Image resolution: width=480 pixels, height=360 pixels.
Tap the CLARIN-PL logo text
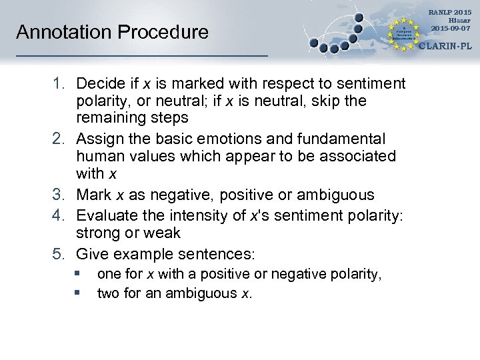tap(446, 47)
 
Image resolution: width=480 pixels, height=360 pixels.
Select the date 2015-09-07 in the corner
tap(451, 28)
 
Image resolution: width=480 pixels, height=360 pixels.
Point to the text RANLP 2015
tap(451, 12)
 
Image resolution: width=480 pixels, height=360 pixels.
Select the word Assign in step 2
tap(97, 139)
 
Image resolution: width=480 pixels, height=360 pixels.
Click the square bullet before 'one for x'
tap(77, 273)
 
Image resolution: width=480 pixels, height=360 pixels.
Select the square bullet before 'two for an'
tap(77, 292)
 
